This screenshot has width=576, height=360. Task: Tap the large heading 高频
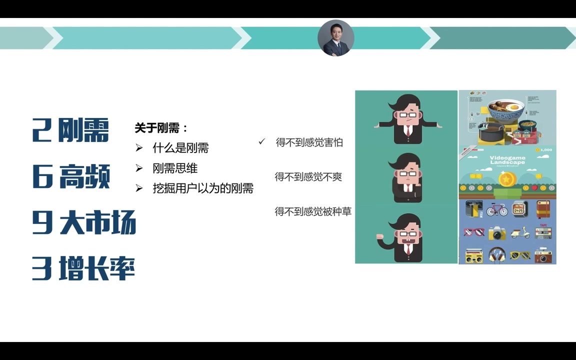pyautogui.click(x=84, y=177)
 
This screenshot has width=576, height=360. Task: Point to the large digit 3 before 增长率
pyautogui.click(x=42, y=268)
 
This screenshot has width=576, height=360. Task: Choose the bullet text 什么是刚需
pyautogui.click(x=180, y=148)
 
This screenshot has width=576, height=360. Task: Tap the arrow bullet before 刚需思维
pyautogui.click(x=139, y=168)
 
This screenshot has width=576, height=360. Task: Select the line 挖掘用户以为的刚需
pyautogui.click(x=203, y=188)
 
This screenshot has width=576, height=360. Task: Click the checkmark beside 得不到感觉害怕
pyautogui.click(x=261, y=142)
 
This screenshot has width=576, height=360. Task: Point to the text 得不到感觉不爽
pyautogui.click(x=308, y=176)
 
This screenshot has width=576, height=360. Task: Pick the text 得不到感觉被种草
pyautogui.click(x=313, y=211)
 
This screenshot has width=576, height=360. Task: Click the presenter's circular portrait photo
pyautogui.click(x=336, y=38)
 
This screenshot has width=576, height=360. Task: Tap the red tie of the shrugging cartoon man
pyautogui.click(x=408, y=131)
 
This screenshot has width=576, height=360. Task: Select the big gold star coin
pyautogui.click(x=507, y=178)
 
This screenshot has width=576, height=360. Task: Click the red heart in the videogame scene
pyautogui.click(x=534, y=188)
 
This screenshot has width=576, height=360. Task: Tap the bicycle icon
pyautogui.click(x=496, y=209)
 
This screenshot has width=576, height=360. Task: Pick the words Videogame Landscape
pyautogui.click(x=507, y=159)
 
